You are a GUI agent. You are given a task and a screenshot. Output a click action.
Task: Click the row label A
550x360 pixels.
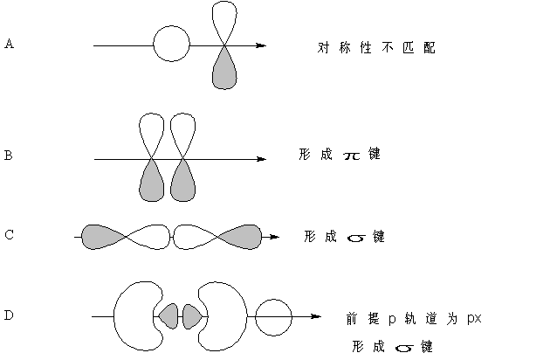pos(9,43)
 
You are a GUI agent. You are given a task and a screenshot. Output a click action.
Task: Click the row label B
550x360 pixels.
pos(8,156)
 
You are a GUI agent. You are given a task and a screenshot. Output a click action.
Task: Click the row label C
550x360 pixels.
pos(9,234)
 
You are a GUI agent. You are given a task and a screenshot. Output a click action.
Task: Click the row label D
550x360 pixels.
pos(9,315)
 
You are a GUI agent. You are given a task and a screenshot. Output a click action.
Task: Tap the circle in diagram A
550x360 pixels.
pos(170,44)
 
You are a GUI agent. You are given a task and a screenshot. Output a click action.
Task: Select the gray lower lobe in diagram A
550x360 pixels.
pos(224,70)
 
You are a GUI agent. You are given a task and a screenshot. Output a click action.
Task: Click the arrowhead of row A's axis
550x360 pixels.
pos(260,45)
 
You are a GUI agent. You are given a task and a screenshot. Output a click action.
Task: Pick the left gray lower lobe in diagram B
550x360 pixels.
pos(152,183)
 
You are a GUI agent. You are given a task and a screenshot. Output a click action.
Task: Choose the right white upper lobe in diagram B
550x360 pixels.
pos(182,132)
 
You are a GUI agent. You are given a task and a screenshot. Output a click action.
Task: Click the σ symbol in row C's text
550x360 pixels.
pos(354,237)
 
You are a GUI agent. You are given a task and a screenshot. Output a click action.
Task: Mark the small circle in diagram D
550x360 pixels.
pos(272,315)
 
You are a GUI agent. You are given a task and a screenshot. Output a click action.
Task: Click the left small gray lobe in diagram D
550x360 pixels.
pos(168,315)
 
